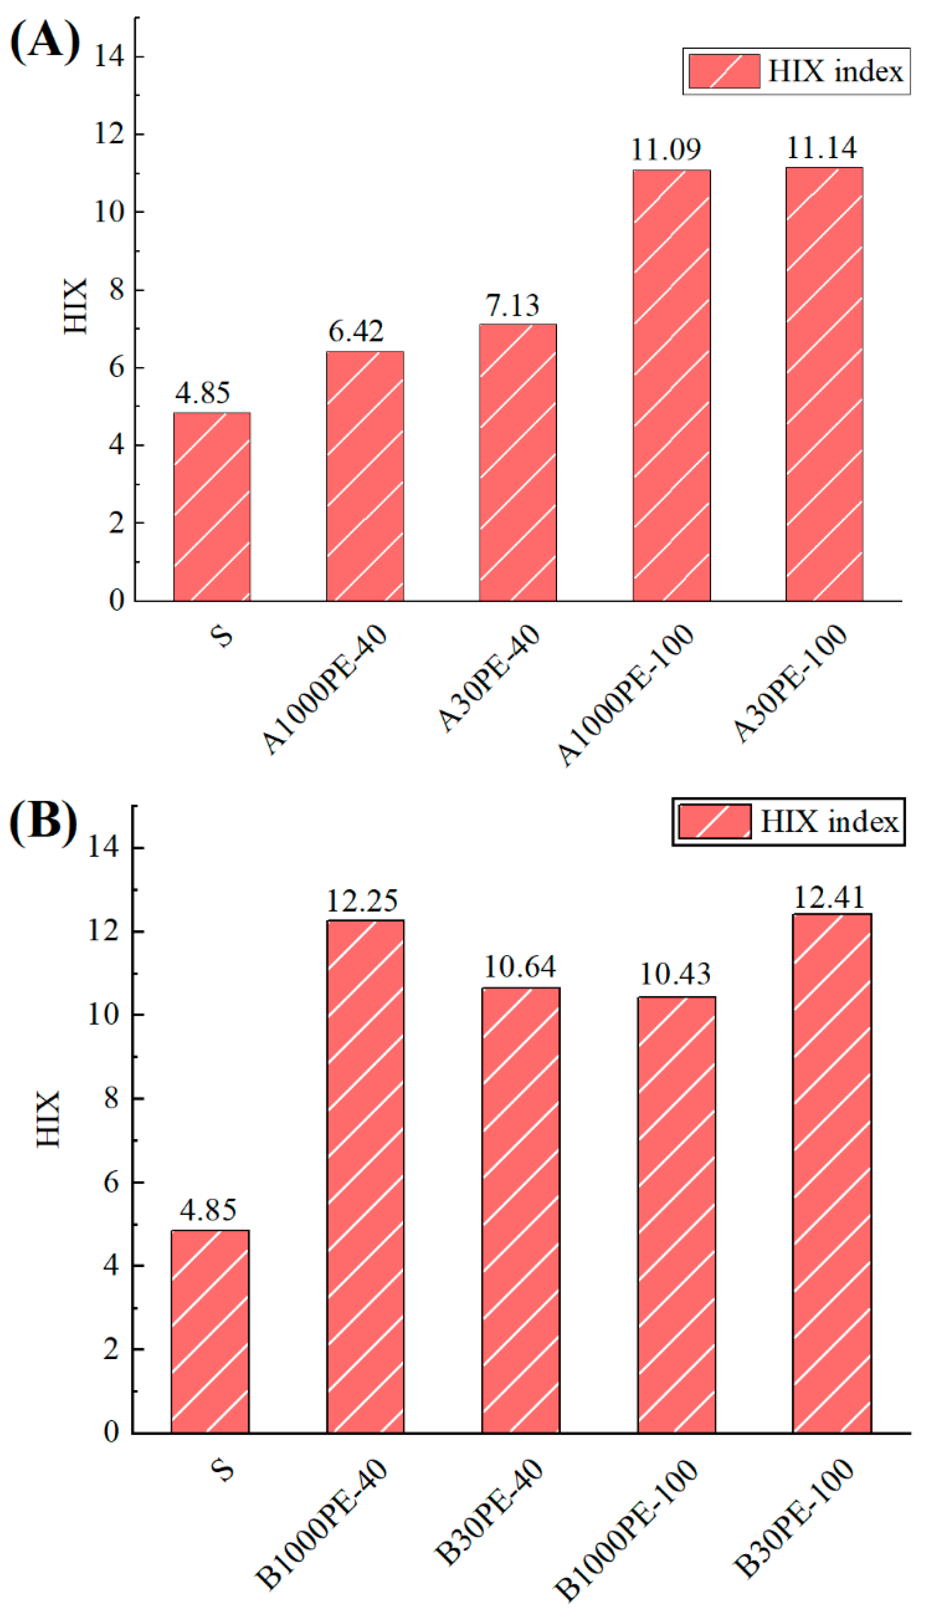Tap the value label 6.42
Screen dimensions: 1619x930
(356, 331)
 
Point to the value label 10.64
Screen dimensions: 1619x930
(520, 967)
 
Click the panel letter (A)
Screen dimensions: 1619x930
(45, 41)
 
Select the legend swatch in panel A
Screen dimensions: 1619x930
(723, 71)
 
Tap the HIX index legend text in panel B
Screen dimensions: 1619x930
(829, 821)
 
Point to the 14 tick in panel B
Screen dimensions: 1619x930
(103, 848)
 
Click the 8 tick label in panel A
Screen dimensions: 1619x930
(116, 290)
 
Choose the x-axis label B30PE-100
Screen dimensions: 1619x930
(793, 1517)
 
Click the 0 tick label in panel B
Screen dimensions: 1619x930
(111, 1433)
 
